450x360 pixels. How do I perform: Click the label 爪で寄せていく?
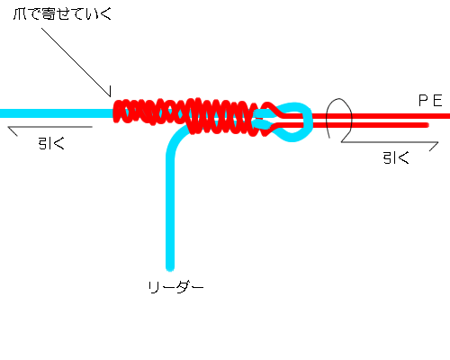click(62, 13)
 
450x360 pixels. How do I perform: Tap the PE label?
click(430, 101)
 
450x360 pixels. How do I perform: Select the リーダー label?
click(175, 287)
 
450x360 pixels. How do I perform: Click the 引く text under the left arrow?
click(51, 143)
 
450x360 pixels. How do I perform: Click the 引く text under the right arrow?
click(396, 157)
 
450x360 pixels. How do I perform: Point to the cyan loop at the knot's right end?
click(309, 121)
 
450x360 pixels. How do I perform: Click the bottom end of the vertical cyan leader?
click(170, 269)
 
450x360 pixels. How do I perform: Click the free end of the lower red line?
click(427, 125)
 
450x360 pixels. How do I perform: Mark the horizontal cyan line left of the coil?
click(57, 113)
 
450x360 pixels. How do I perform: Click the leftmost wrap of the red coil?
click(118, 112)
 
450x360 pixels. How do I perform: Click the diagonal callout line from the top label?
click(76, 62)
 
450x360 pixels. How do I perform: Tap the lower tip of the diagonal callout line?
click(110, 96)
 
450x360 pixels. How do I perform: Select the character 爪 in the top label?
click(20, 14)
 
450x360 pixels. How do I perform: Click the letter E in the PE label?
click(437, 101)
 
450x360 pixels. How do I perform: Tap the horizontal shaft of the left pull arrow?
click(49, 127)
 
